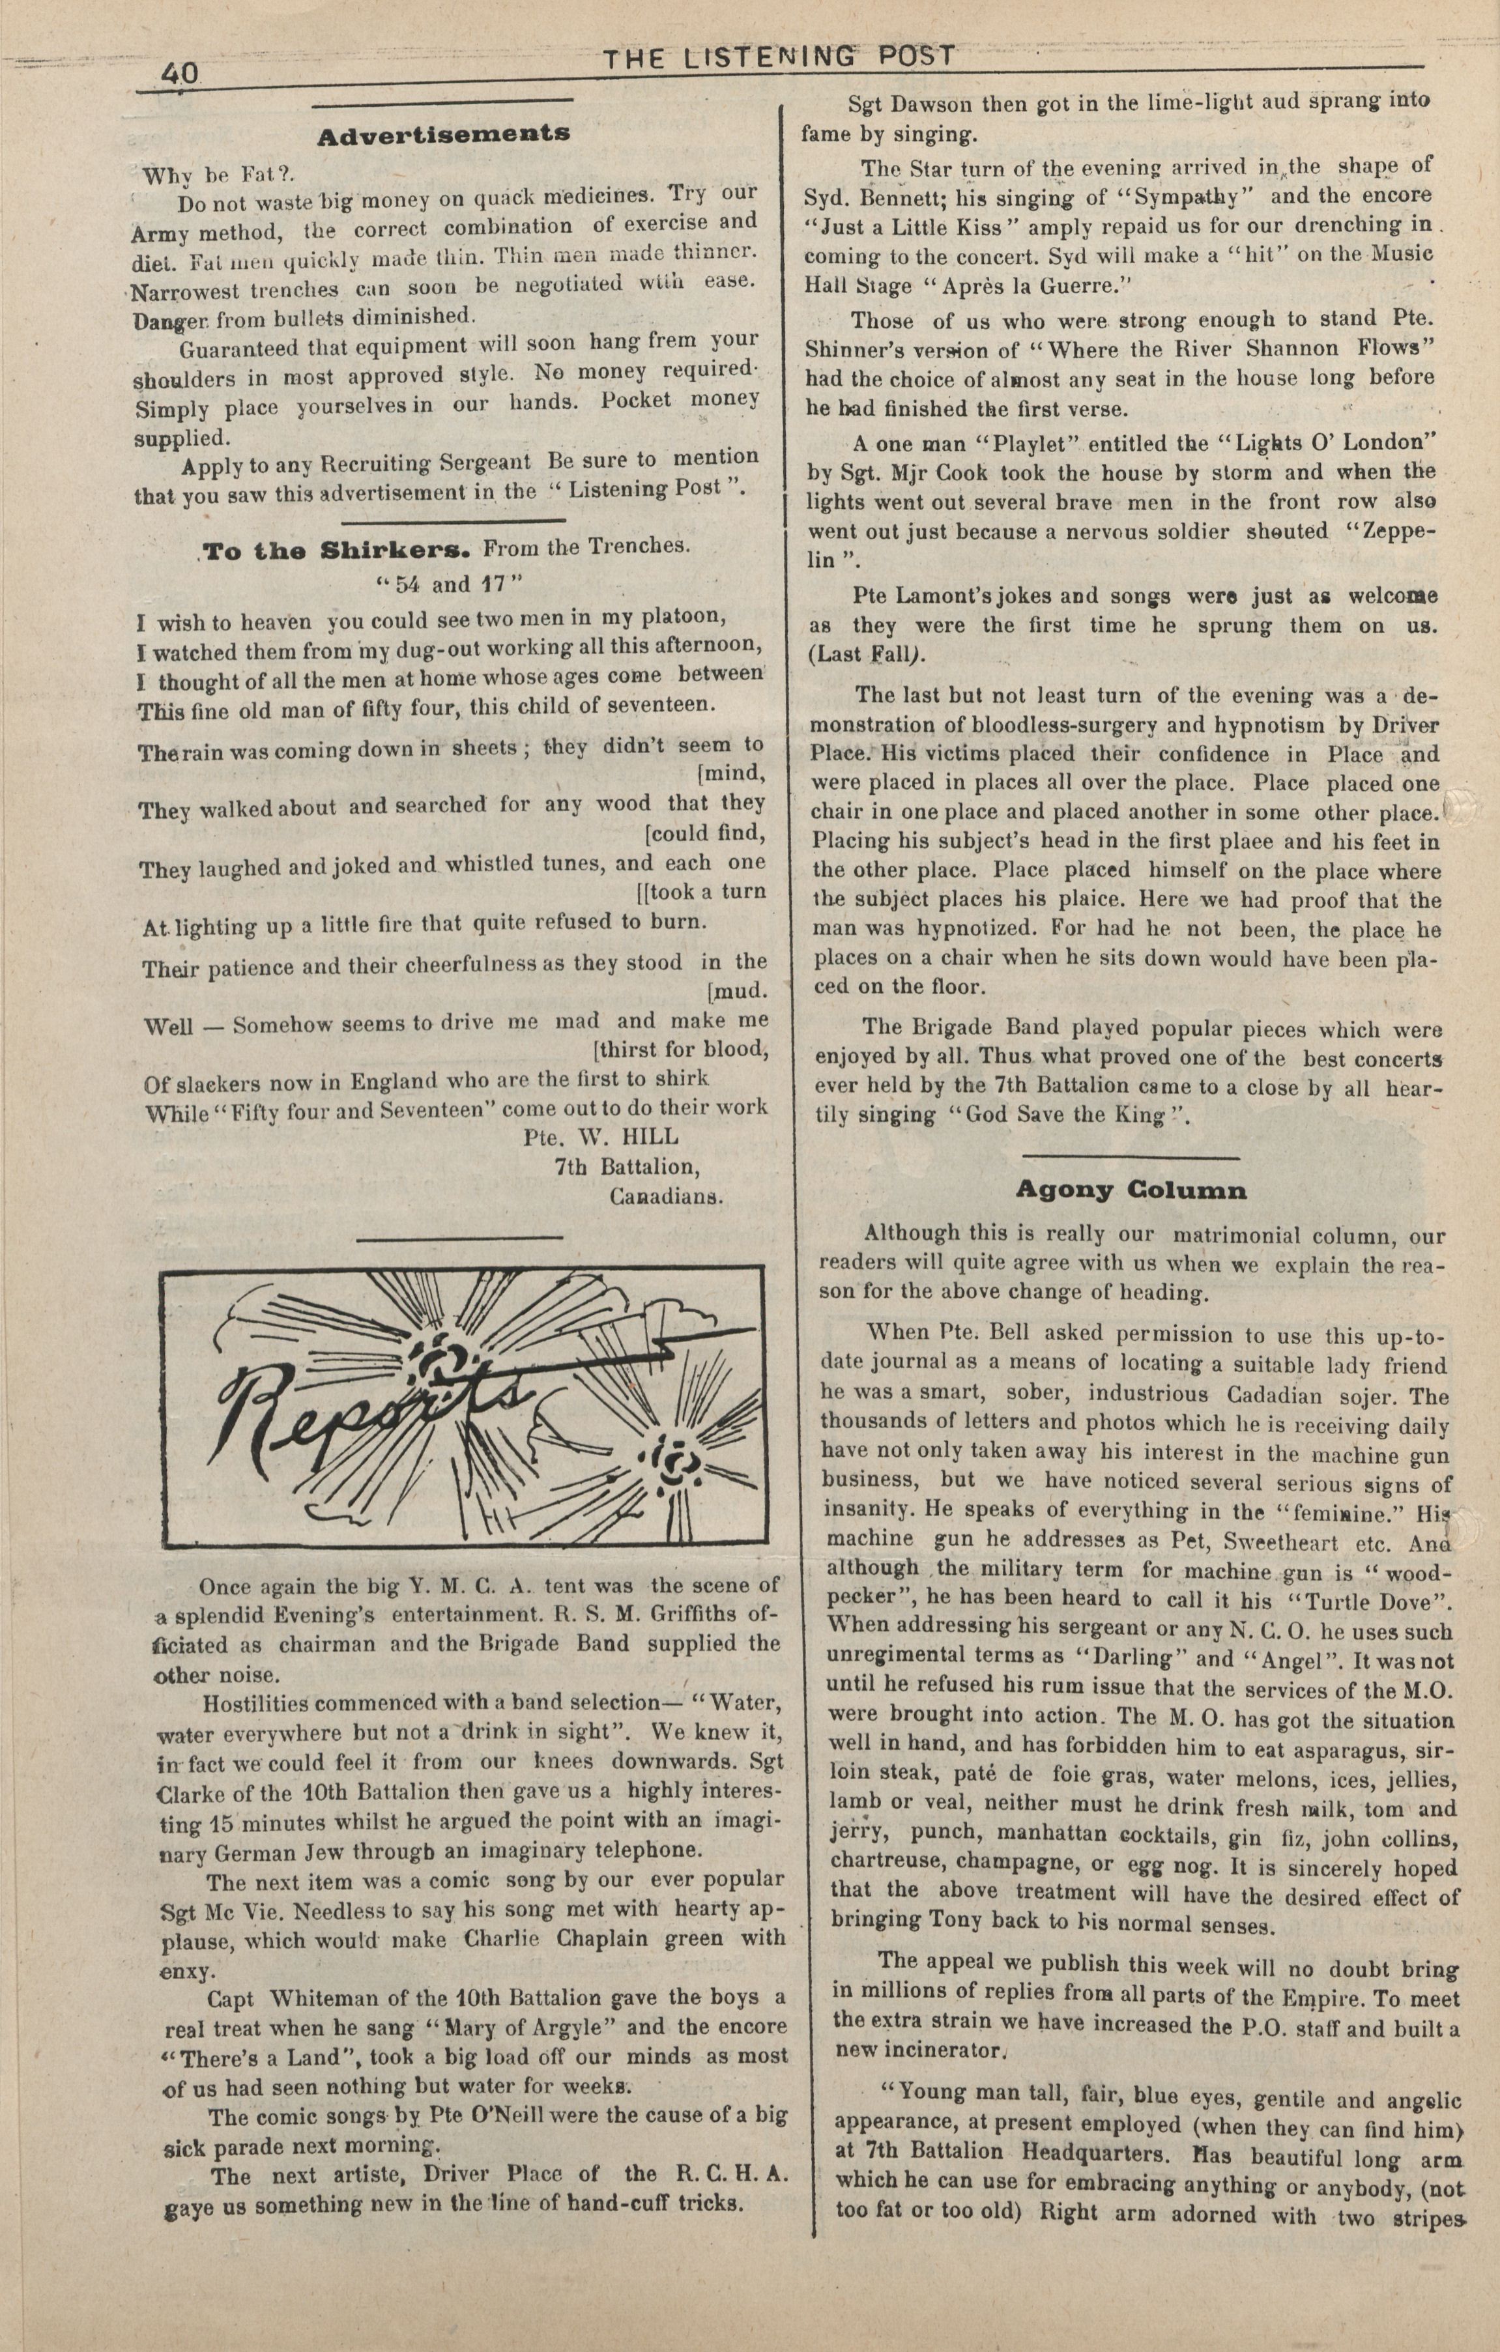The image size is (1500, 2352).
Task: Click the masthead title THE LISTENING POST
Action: click(x=778, y=59)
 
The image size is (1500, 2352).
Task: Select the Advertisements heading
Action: click(x=444, y=133)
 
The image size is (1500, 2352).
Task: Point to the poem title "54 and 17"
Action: click(x=450, y=584)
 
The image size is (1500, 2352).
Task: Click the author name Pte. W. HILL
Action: click(x=601, y=1137)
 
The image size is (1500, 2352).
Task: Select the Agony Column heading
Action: click(x=1131, y=1190)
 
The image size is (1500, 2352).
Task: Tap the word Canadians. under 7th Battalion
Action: click(x=666, y=1196)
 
